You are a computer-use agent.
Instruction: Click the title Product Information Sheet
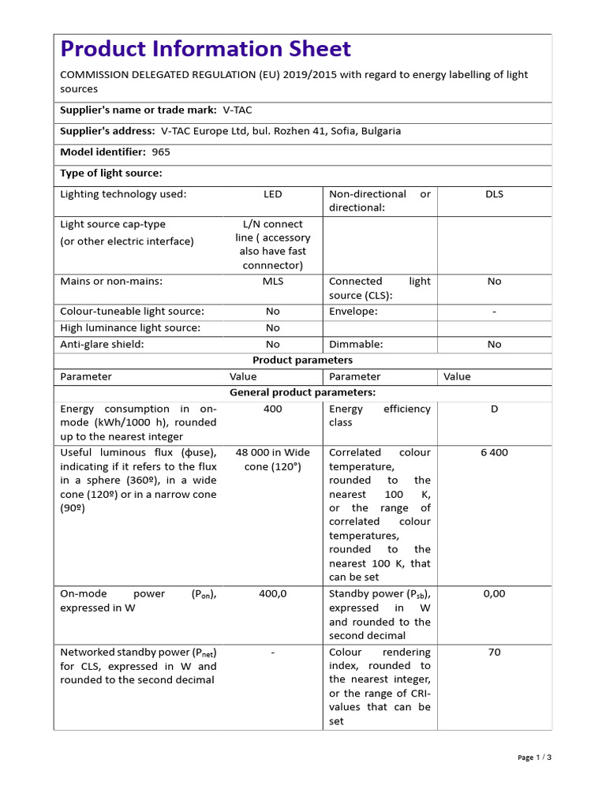[x=205, y=49]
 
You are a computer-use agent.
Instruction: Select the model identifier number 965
[x=161, y=152]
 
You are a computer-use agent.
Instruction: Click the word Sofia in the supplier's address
[x=342, y=131]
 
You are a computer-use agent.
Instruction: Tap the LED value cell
[x=272, y=194]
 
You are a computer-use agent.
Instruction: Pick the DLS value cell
[x=494, y=194]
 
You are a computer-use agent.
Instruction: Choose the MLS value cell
[x=272, y=282]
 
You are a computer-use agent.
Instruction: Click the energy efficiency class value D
[x=494, y=410]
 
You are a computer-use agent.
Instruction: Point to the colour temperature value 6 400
[x=494, y=453]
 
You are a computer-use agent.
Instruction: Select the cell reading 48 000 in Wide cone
[x=272, y=460]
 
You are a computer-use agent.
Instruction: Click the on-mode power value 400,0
[x=272, y=594]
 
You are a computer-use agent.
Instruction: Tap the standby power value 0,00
[x=494, y=594]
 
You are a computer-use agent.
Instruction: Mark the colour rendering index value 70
[x=494, y=653]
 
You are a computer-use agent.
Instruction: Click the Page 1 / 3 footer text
[x=534, y=757]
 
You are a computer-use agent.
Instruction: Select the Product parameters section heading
[x=302, y=361]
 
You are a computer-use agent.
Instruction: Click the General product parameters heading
[x=302, y=392]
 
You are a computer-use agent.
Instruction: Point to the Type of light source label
[x=111, y=174]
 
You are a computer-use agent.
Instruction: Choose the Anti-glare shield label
[x=102, y=345]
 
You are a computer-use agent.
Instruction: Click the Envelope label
[x=353, y=312]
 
